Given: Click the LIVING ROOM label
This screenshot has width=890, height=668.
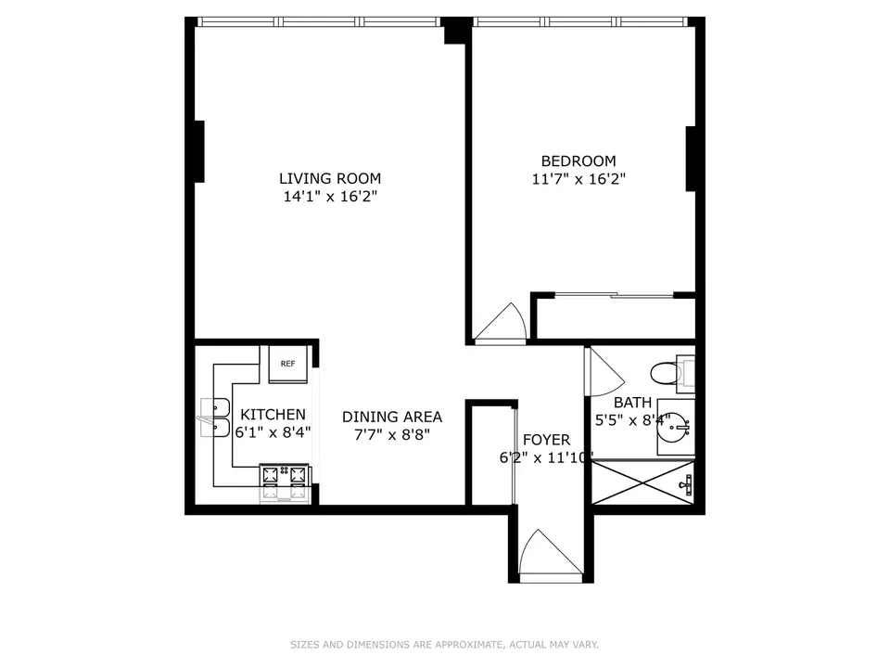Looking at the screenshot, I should (330, 178).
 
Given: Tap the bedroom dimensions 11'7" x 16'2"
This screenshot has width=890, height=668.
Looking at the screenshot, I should (573, 179).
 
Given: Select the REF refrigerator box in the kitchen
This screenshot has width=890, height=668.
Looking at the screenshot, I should (287, 364).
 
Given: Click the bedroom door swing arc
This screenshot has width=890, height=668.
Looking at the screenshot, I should (501, 322).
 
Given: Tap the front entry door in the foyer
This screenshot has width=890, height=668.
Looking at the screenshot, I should (550, 556).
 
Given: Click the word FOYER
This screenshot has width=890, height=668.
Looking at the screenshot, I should (546, 440).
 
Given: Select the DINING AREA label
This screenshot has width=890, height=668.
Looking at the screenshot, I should (391, 417).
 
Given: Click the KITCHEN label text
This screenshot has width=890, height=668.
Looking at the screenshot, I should (273, 414).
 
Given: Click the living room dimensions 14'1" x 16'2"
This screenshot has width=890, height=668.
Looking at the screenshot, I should (330, 197).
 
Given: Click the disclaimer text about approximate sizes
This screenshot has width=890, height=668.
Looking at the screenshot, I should (445, 644).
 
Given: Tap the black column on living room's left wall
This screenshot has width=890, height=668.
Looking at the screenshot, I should (197, 150).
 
